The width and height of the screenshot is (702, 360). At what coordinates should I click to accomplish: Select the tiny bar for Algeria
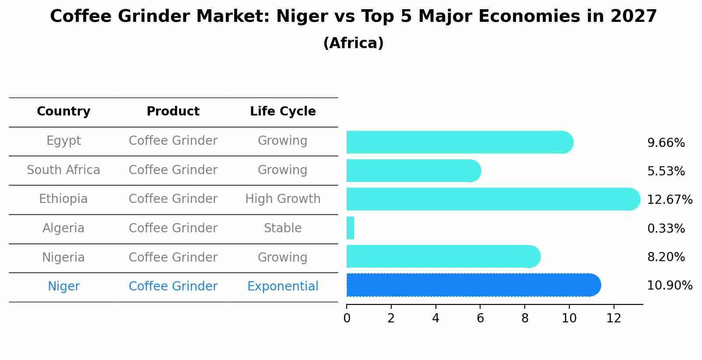350,228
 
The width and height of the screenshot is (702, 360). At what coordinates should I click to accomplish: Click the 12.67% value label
669,200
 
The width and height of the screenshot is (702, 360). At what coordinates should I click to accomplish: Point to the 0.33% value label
666,228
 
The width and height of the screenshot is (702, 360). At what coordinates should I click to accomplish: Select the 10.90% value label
669,286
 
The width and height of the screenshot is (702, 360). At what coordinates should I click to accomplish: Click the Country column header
63,112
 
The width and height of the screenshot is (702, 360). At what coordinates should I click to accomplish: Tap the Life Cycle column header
283,112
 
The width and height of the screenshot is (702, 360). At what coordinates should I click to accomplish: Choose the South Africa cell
63,170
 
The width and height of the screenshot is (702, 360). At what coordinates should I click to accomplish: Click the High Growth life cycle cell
283,199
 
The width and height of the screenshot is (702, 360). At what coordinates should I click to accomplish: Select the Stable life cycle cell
283,228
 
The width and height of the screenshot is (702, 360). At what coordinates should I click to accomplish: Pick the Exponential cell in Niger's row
283,287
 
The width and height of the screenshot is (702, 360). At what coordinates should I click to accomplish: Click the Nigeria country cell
63,257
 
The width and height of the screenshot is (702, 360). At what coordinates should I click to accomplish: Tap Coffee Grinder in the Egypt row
173,141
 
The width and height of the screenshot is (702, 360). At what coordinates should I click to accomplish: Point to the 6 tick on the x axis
480,318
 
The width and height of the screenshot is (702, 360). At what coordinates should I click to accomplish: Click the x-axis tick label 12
614,318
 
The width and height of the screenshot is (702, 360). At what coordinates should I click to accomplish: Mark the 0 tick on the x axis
347,318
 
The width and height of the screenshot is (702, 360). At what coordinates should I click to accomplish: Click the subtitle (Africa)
353,43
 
